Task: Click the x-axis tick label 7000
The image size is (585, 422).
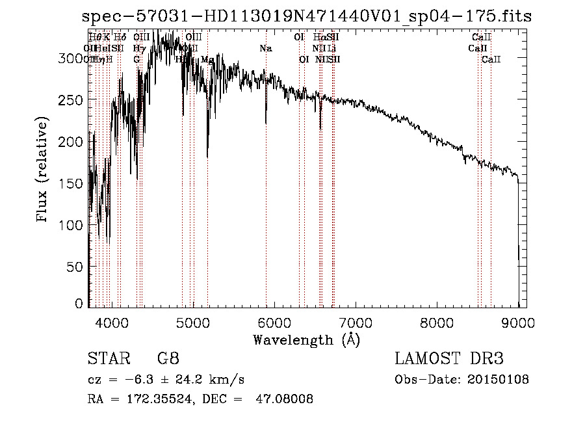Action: point(356,322)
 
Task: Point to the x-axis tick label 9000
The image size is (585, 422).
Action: point(518,322)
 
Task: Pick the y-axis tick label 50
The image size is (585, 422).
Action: point(76,267)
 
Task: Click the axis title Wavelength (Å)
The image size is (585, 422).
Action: point(306,339)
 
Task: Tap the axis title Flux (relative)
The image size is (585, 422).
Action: point(43,170)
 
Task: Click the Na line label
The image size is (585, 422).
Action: point(265,48)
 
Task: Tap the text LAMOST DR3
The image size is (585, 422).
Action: point(449,359)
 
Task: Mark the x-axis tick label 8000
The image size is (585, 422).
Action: point(437,322)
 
